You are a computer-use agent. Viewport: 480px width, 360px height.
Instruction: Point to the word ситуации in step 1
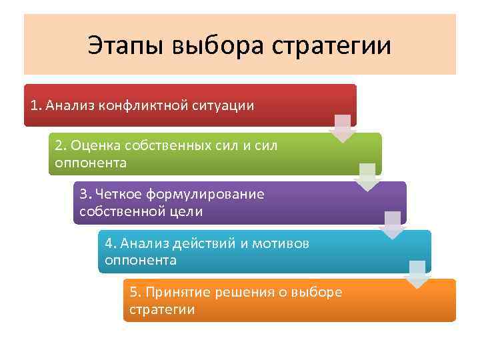tap(226, 105)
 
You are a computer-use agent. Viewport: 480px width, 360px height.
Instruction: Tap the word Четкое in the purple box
tap(119, 195)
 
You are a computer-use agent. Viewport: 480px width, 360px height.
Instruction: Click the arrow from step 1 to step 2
tap(343, 128)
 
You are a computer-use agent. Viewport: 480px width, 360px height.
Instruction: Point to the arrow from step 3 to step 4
tap(393, 225)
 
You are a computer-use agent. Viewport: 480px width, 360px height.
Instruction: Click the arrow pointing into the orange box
tap(417, 274)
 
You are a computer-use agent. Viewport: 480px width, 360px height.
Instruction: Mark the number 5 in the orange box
tap(133, 292)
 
